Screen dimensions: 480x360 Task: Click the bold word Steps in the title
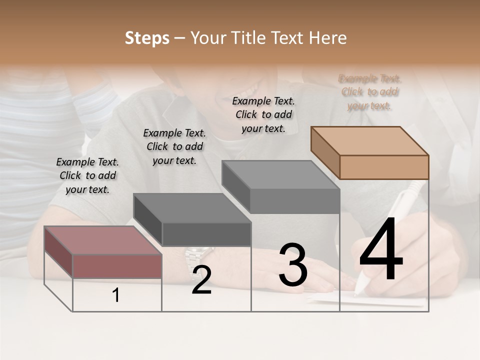147,38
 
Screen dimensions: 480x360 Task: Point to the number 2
201,280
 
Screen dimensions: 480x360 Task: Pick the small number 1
116,295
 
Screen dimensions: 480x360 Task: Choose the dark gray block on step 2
192,220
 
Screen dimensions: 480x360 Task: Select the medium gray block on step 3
281,187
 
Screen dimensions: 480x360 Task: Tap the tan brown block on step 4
370,153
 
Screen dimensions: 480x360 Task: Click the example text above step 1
87,175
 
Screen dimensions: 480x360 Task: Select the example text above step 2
174,146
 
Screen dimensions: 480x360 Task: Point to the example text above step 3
263,114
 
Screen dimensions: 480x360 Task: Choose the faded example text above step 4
369,92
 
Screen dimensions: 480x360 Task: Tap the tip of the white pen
357,292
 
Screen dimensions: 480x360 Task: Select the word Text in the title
290,38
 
